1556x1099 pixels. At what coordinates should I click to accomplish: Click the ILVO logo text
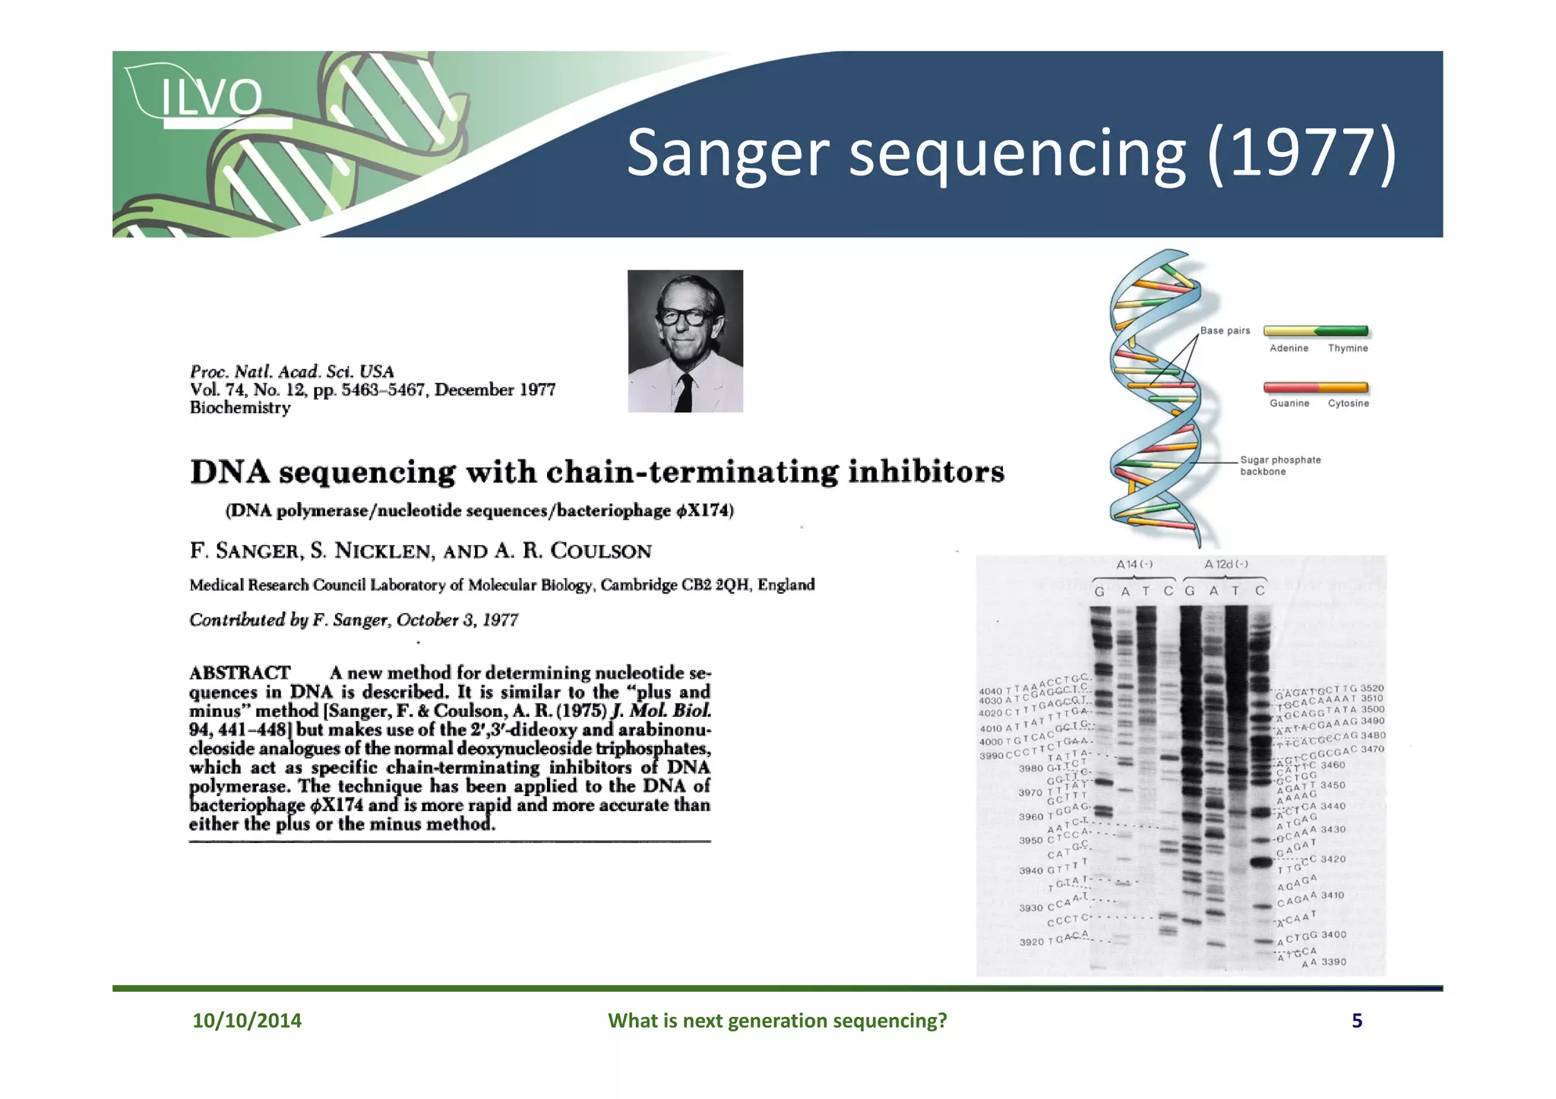(x=211, y=97)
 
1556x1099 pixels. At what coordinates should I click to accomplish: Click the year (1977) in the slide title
(x=1301, y=153)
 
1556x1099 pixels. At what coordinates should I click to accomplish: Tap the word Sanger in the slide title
(x=727, y=153)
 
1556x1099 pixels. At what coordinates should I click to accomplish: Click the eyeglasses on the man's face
(x=685, y=316)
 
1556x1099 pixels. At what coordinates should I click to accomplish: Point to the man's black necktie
(x=685, y=392)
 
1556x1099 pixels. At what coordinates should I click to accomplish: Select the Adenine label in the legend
(x=1289, y=349)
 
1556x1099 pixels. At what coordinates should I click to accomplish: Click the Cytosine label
(x=1348, y=403)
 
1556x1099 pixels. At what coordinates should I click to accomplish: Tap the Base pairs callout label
(x=1225, y=330)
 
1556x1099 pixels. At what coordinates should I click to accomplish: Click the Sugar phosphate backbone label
(x=1279, y=466)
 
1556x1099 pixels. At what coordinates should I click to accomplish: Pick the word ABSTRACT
(x=239, y=673)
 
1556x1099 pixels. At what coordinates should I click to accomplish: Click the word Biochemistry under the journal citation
(x=240, y=408)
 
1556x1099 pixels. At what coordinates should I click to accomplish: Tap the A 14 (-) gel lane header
(x=1134, y=564)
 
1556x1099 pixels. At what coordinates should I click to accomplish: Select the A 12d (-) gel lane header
(x=1226, y=564)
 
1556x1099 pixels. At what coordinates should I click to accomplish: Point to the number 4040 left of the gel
(x=990, y=691)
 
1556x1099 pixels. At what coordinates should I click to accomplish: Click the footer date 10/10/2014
(x=247, y=1020)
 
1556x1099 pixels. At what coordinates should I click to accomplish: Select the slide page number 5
(x=1356, y=1020)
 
